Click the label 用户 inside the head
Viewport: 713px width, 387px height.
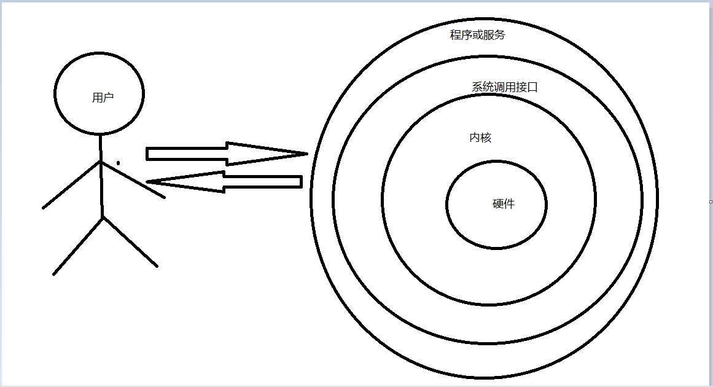coord(103,98)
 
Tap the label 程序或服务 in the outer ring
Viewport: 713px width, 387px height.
coord(478,35)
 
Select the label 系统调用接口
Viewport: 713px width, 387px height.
coord(505,87)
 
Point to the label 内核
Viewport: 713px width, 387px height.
coord(480,138)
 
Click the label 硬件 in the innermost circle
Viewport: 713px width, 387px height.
coord(504,205)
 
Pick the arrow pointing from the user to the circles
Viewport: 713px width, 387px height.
coord(209,154)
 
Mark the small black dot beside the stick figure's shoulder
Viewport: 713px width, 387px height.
coord(119,163)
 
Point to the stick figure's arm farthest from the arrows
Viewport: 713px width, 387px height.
coord(71,185)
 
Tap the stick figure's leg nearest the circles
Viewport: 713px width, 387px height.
coord(130,242)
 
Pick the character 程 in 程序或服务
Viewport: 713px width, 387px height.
coord(456,35)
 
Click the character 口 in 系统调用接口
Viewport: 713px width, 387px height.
coord(532,87)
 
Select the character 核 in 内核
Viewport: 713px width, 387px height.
coord(486,138)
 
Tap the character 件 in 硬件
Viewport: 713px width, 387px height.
coord(509,205)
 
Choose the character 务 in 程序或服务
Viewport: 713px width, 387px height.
coord(500,35)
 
